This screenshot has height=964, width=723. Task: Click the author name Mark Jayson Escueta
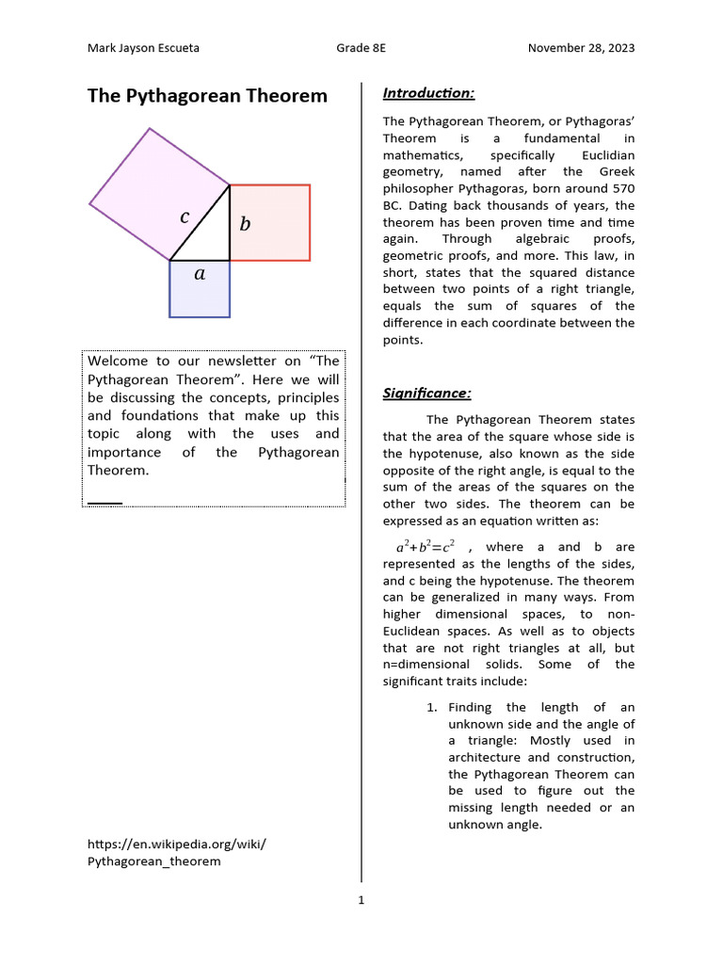tap(143, 48)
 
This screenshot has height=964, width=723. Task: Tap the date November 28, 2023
tap(581, 48)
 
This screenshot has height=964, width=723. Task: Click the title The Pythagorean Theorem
tap(207, 96)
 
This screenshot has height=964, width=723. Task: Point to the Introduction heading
tap(428, 92)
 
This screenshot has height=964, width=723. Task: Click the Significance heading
tap(426, 393)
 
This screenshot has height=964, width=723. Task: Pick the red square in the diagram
tap(279, 223)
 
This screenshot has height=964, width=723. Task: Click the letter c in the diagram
tap(185, 217)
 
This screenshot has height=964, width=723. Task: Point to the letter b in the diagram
tap(245, 224)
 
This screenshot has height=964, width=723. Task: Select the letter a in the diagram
tap(199, 274)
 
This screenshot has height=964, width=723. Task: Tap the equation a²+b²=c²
tap(426, 547)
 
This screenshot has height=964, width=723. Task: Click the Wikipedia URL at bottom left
tap(176, 852)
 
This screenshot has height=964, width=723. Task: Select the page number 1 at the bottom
tap(361, 900)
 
